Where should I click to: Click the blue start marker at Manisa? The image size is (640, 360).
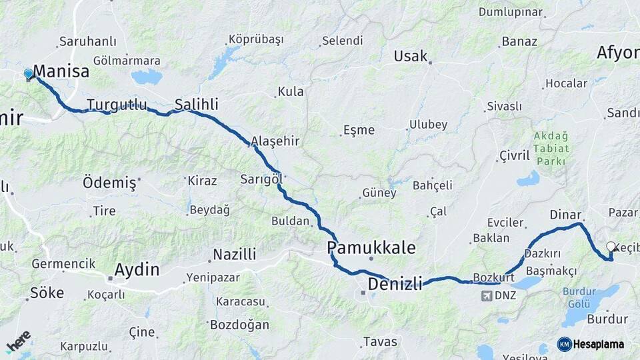(x=28, y=73)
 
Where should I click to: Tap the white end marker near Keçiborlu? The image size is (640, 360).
(x=611, y=247)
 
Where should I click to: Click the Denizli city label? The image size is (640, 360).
(x=395, y=284)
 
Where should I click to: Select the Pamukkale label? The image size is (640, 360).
(x=371, y=248)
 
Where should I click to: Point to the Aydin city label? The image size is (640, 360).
(x=137, y=269)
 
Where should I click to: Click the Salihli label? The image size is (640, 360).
(x=196, y=104)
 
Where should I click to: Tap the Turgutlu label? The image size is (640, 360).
(x=117, y=105)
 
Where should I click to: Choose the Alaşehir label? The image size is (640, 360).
(x=275, y=141)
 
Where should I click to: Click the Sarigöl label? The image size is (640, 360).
(x=262, y=179)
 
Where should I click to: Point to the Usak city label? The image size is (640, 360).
(x=410, y=56)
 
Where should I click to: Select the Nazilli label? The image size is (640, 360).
(x=234, y=254)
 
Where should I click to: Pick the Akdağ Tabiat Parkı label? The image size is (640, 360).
(x=550, y=149)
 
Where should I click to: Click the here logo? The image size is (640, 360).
(x=18, y=341)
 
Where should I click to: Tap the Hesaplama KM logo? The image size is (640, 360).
(x=591, y=344)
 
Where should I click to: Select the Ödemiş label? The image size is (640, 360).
(x=109, y=182)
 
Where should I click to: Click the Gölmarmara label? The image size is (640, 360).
(x=127, y=61)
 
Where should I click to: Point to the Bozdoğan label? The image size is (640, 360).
(x=239, y=325)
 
